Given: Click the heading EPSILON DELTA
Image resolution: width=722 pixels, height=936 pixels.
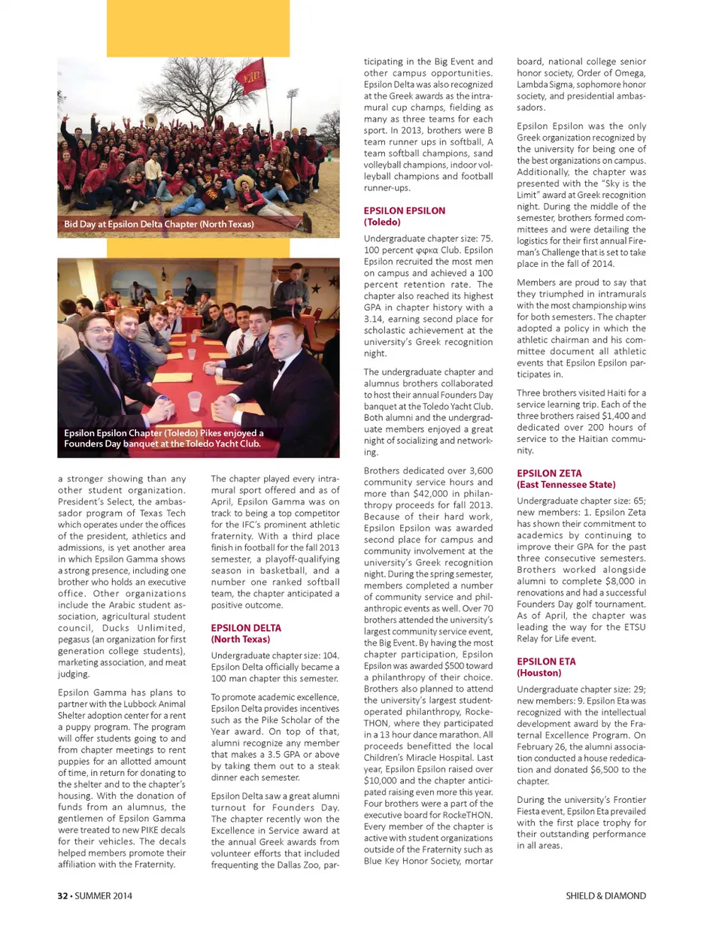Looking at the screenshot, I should tap(246, 628).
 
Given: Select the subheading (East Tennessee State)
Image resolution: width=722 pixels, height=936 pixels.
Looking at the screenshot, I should tap(566, 485).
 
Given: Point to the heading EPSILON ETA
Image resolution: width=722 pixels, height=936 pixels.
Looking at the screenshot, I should tap(546, 662).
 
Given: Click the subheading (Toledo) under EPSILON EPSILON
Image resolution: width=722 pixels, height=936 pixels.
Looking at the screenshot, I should tap(382, 223).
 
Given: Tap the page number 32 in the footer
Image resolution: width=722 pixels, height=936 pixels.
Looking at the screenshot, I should tap(63, 895).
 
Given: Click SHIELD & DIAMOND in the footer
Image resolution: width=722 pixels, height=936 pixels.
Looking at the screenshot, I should tap(605, 895).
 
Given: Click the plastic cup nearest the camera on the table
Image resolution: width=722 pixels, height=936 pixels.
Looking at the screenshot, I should tap(195, 401).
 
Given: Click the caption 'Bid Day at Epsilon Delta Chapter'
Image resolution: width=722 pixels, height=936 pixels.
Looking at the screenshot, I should tap(159, 224).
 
